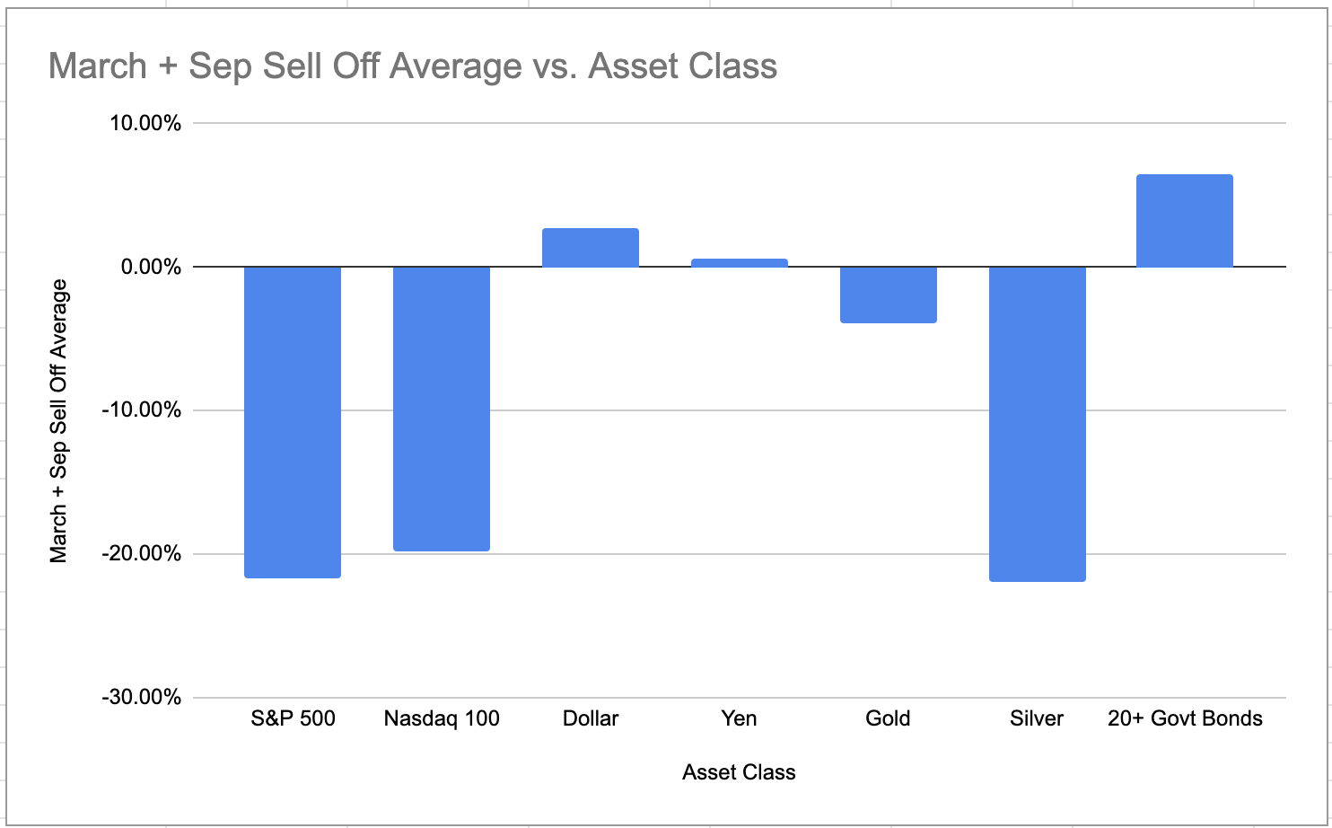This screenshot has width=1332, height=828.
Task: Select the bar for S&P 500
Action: [293, 422]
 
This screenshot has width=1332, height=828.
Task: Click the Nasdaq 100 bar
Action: [442, 409]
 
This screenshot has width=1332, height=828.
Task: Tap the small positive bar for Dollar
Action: [591, 249]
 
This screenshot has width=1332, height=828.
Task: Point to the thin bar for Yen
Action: [740, 263]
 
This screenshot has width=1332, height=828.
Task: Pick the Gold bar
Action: [889, 295]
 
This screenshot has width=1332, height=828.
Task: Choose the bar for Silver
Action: [1037, 424]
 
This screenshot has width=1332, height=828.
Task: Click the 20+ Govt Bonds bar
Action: [1185, 221]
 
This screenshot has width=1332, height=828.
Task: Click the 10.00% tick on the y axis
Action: [145, 124]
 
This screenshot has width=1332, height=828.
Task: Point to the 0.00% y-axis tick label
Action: [151, 268]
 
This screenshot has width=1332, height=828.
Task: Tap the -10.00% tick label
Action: [143, 410]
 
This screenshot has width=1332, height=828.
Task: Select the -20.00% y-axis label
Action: [143, 554]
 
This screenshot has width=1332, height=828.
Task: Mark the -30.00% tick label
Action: [143, 698]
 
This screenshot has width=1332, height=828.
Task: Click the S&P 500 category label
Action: [293, 718]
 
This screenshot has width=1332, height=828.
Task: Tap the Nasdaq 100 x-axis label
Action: [442, 718]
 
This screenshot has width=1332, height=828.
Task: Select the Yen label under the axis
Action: [740, 718]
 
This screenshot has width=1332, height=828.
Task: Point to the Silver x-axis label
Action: [1037, 718]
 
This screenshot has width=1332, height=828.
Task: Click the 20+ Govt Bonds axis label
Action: [1185, 718]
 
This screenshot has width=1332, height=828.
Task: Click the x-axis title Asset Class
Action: [739, 772]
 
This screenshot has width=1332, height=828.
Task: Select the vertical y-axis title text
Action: [59, 420]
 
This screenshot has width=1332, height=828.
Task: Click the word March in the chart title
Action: [98, 66]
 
